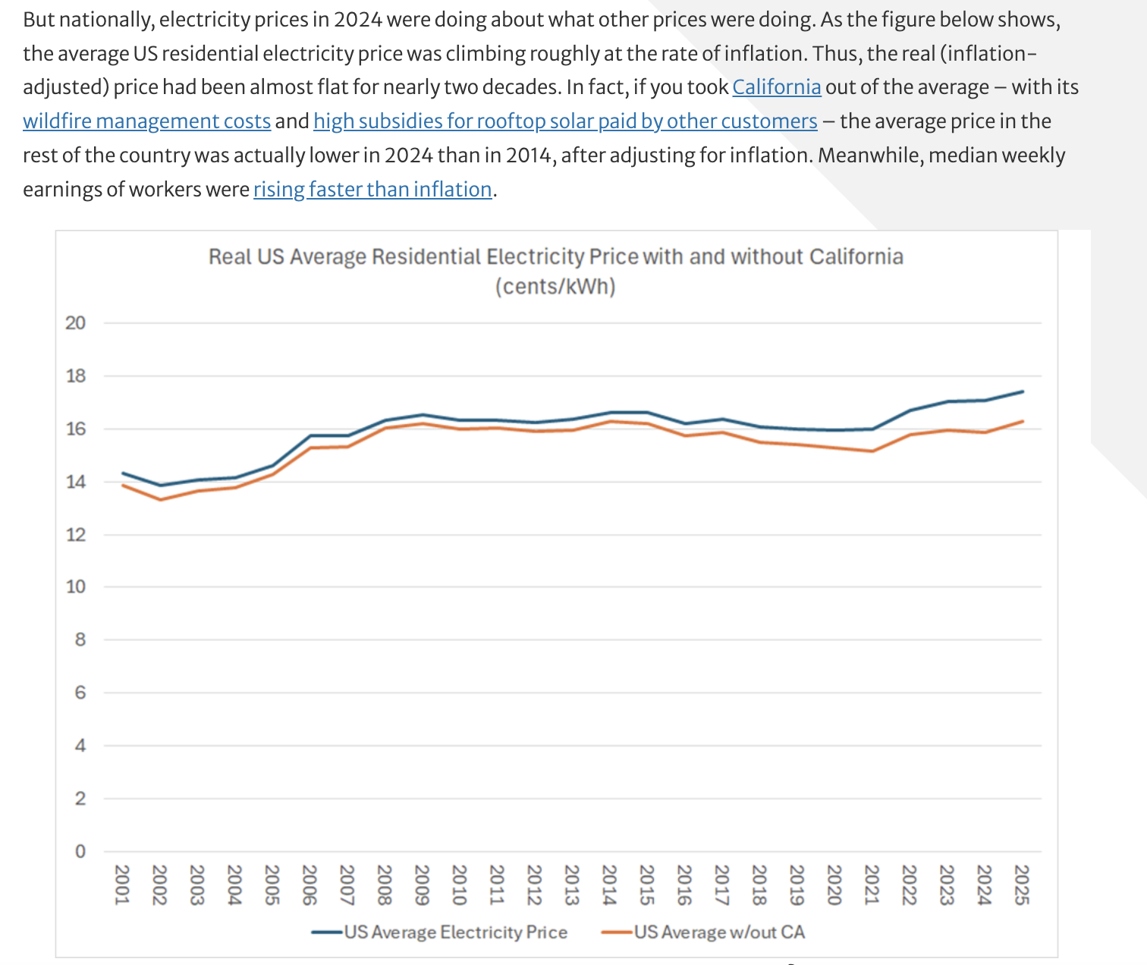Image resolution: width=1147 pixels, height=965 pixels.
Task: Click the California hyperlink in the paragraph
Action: point(776,87)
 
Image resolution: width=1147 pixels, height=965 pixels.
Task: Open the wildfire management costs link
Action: point(146,121)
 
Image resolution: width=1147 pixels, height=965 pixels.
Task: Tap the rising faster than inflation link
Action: point(372,189)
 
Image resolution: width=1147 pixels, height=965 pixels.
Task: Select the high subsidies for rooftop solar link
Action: point(565,121)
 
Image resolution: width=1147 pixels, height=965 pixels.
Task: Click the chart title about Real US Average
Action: point(555,256)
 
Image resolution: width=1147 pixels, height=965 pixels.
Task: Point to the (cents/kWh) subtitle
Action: point(555,287)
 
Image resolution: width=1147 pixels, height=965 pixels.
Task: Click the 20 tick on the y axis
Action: point(76,323)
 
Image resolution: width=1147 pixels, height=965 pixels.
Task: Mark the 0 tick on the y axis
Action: point(80,851)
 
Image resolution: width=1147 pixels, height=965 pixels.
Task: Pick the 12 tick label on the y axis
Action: point(76,535)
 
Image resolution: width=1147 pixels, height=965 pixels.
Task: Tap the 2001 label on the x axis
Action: point(122,885)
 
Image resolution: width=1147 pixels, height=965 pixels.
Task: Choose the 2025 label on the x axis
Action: point(1022,885)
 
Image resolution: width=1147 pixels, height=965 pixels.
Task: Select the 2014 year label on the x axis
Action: point(609,885)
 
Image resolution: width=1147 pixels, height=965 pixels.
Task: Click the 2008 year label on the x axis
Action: point(385,885)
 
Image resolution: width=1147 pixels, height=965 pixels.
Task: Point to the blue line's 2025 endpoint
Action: point(1023,391)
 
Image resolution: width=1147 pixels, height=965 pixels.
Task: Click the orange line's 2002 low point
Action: point(160,499)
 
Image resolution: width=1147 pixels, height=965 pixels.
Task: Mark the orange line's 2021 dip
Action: point(872,451)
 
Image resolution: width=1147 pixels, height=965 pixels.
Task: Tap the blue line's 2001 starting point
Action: point(123,473)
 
